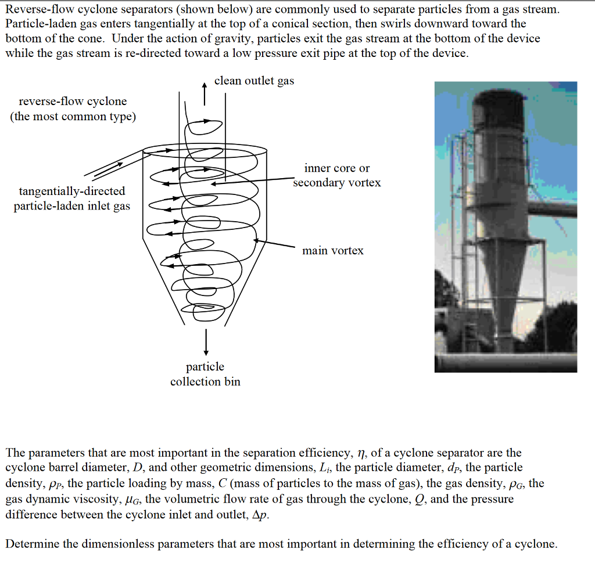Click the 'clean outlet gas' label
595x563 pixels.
pyautogui.click(x=254, y=81)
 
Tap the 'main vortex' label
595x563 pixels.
pyautogui.click(x=332, y=251)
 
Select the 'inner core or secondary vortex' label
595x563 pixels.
pyautogui.click(x=337, y=175)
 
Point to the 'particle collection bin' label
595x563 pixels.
pyautogui.click(x=205, y=374)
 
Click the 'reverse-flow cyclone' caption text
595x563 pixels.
pyautogui.click(x=73, y=102)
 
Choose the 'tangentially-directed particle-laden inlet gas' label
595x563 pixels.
pyautogui.click(x=72, y=199)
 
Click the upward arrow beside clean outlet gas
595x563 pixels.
pyautogui.click(x=204, y=93)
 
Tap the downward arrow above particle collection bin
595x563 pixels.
pyautogui.click(x=205, y=341)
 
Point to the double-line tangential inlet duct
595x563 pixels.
pyautogui.click(x=113, y=164)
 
